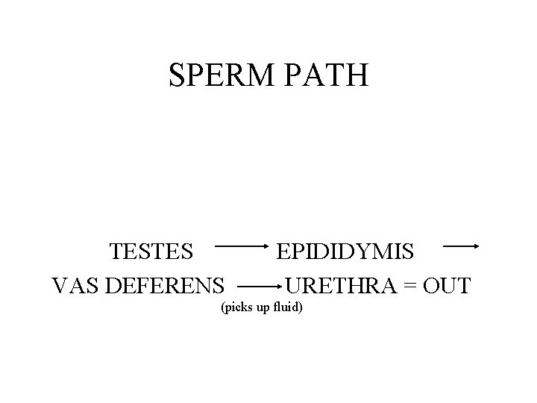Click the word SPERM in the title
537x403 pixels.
click(x=217, y=75)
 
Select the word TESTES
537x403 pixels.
click(x=151, y=252)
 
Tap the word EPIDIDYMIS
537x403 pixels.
click(x=345, y=252)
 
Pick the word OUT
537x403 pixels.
click(x=445, y=285)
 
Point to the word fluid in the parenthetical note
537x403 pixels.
click(x=286, y=307)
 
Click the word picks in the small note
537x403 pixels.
click(x=239, y=307)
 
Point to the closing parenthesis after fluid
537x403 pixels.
click(x=301, y=307)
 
